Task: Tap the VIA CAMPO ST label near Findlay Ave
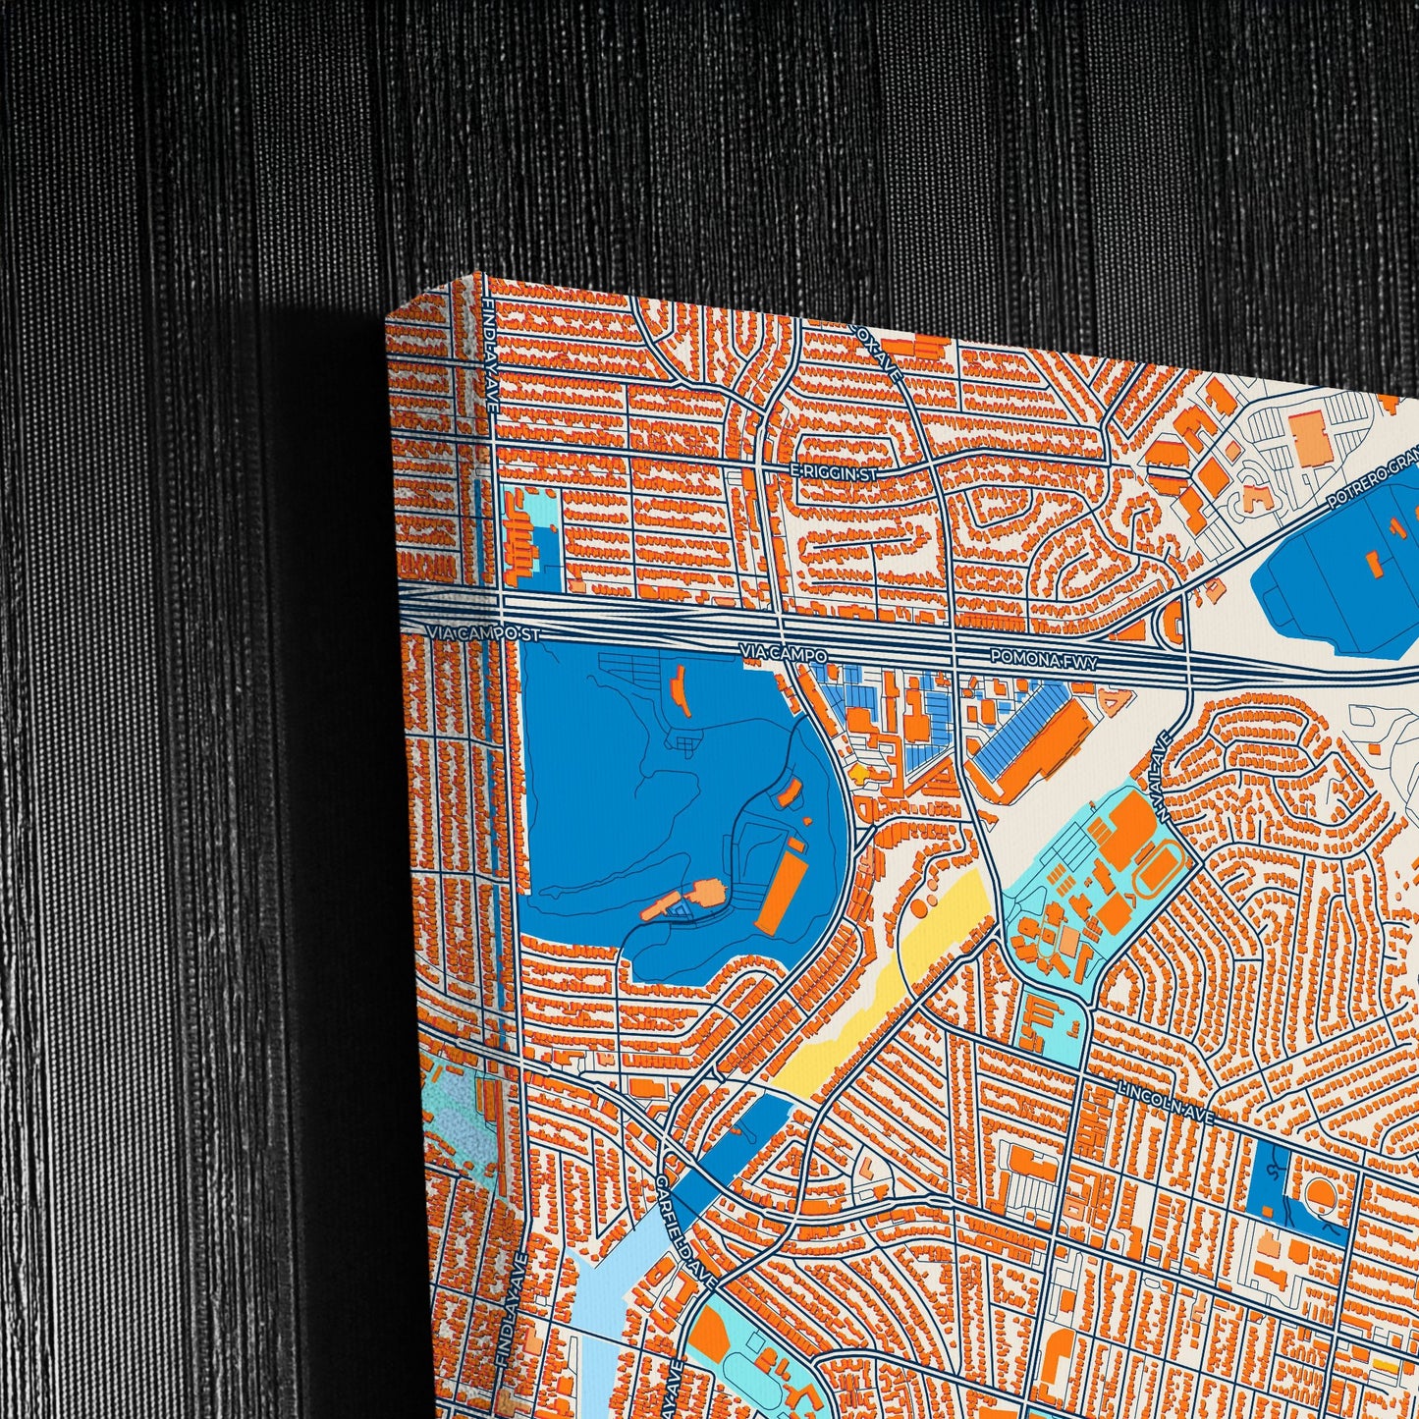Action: pos(485,634)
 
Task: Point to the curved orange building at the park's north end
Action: pos(677,691)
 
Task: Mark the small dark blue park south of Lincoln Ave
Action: pos(1274,1183)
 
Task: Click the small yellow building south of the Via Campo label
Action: pos(864,773)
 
